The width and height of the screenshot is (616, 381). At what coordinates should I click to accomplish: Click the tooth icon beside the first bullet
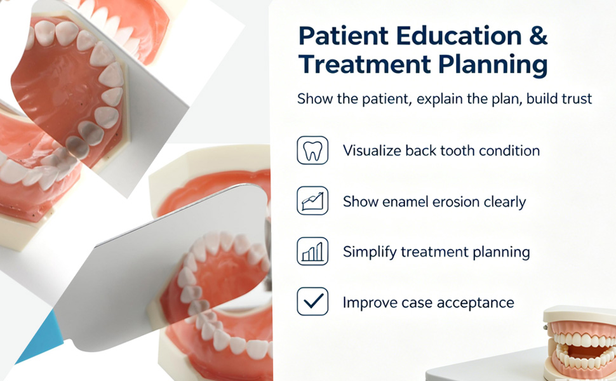pyautogui.click(x=312, y=150)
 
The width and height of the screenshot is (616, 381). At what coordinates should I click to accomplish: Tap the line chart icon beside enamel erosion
pyautogui.click(x=312, y=201)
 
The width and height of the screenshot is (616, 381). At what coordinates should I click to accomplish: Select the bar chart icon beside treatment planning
pyautogui.click(x=312, y=251)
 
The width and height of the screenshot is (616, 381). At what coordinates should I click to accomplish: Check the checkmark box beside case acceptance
pyautogui.click(x=312, y=302)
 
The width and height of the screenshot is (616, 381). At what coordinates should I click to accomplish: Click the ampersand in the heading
pyautogui.click(x=536, y=36)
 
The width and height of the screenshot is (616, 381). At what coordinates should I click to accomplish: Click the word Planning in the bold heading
pyautogui.click(x=493, y=64)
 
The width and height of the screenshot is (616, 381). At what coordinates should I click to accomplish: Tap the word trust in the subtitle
pyautogui.click(x=576, y=98)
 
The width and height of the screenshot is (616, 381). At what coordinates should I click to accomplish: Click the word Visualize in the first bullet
pyautogui.click(x=372, y=150)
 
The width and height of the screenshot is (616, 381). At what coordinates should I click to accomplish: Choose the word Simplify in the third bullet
pyautogui.click(x=370, y=252)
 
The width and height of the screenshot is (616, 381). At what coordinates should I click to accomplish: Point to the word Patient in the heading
pyautogui.click(x=344, y=36)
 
